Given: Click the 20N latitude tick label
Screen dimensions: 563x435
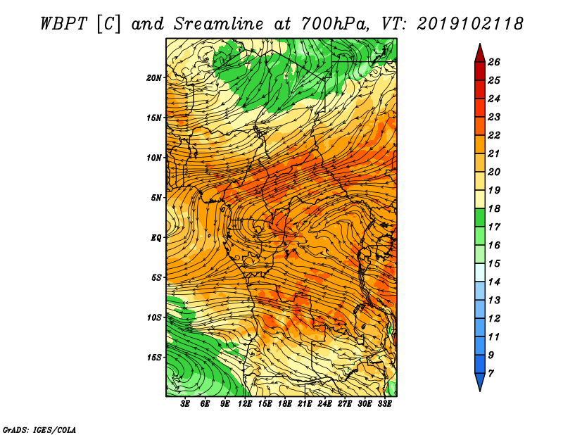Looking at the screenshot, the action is [154, 78].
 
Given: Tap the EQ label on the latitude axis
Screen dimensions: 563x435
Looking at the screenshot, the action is [156, 238].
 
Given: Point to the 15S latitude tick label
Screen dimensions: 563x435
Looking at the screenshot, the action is [154, 358].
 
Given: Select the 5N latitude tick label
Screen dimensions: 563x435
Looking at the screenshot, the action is [156, 198].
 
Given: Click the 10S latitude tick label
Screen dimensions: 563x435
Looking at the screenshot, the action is [154, 317].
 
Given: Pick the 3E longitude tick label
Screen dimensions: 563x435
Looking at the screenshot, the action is [185, 404].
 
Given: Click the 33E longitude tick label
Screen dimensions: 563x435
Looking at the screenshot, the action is [384, 404].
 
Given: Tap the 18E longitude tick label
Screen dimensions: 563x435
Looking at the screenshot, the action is [285, 404].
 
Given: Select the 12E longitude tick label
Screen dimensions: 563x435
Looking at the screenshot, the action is [245, 404].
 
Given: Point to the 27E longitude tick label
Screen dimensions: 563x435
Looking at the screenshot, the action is [345, 404].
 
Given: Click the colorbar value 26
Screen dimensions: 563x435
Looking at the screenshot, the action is [494, 62].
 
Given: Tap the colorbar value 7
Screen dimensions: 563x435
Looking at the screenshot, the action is [491, 374].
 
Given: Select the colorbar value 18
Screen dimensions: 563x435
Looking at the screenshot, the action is [494, 208].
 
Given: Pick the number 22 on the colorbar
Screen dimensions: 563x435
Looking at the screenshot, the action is [494, 135].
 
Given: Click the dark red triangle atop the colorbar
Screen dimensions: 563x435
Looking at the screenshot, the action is [480, 53].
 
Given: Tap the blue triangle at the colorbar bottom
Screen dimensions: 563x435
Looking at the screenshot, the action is [480, 382].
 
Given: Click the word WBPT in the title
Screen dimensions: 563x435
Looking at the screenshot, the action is [63, 24].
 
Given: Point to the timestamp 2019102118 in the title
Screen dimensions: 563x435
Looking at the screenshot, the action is [470, 24].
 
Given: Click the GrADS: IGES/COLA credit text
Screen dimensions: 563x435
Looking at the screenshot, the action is [39, 430].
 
